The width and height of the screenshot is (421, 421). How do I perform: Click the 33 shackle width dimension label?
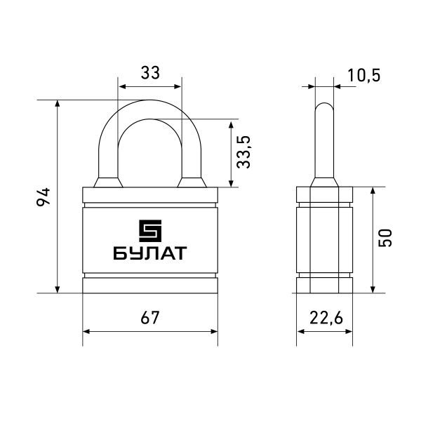click(x=150, y=73)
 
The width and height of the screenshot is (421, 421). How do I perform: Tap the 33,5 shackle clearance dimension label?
click(x=243, y=152)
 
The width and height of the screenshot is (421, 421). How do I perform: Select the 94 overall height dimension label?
click(x=44, y=196)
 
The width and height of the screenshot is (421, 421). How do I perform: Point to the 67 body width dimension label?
click(x=150, y=318)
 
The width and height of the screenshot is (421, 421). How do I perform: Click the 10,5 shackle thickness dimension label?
click(x=364, y=75)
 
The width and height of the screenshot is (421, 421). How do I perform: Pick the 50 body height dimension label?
click(x=385, y=238)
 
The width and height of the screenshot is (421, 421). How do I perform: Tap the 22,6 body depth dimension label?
click(x=326, y=319)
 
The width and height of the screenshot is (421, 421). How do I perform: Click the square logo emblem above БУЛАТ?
click(x=150, y=231)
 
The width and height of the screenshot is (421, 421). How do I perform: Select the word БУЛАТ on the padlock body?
click(x=150, y=253)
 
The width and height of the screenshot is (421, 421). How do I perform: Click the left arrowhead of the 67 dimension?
click(x=86, y=332)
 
